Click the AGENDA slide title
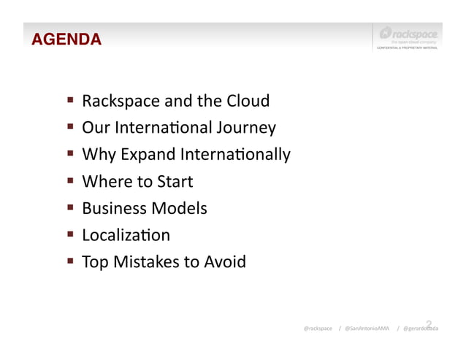(x=66, y=39)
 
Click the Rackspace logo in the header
(x=408, y=34)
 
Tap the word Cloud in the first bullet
(x=248, y=101)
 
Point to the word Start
(x=174, y=181)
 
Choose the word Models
(x=179, y=208)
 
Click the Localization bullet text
(x=126, y=235)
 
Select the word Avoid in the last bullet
(x=225, y=261)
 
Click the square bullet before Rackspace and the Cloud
(x=72, y=100)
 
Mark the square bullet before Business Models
(x=72, y=207)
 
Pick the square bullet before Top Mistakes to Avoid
(x=72, y=261)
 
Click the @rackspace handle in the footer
(x=318, y=329)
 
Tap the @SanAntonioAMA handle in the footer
(x=367, y=329)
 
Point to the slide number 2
(x=429, y=324)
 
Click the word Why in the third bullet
(x=94, y=155)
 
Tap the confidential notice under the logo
(x=407, y=48)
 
